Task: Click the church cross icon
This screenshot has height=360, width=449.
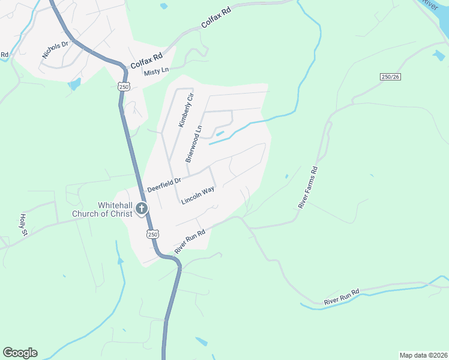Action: [142, 209]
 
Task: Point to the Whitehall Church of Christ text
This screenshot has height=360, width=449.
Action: [103, 209]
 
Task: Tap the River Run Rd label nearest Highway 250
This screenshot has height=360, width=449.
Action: [190, 241]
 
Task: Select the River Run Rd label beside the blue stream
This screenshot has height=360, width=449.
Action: [341, 296]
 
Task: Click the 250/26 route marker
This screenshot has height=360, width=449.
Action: [390, 77]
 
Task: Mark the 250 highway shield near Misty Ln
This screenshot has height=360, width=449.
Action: [124, 87]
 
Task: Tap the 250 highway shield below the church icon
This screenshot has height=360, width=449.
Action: [153, 234]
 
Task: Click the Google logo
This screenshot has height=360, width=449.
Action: [20, 353]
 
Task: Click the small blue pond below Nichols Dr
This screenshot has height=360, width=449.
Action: [74, 84]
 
